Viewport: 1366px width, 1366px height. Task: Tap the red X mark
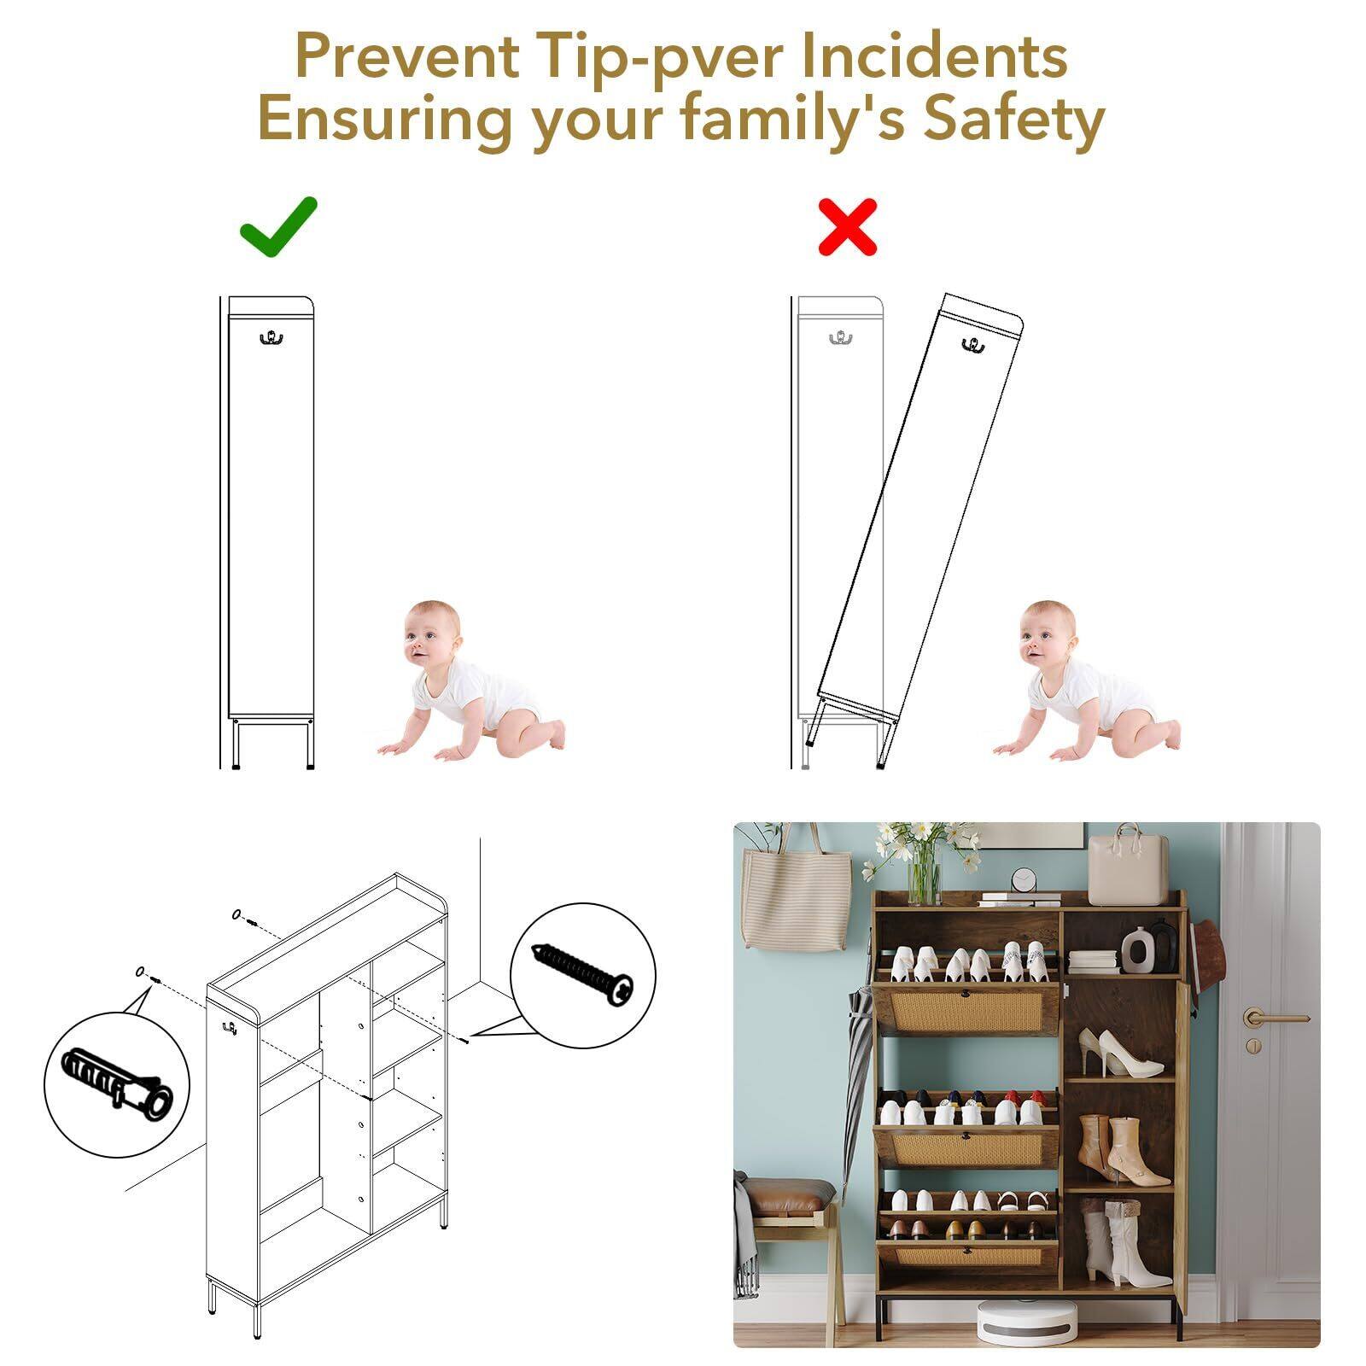point(847,226)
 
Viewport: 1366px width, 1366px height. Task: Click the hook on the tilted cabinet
point(972,344)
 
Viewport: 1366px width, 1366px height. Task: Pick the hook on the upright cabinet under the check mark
point(271,338)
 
